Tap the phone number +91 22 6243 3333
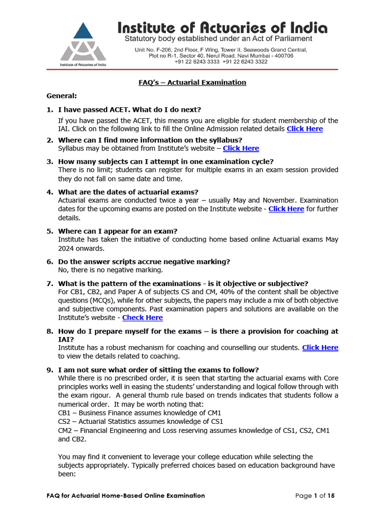tap(197, 62)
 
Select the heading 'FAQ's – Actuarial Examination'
tap(192, 82)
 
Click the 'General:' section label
tap(62, 95)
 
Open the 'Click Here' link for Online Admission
tap(304, 129)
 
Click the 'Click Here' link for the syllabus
tap(241, 148)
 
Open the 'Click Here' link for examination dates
tap(286, 209)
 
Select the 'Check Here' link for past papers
tap(142, 317)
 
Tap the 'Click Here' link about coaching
tap(320, 347)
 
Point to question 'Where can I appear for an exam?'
tap(118, 231)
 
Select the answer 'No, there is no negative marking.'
tap(111, 270)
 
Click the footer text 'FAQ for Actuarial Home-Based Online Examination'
tap(123, 495)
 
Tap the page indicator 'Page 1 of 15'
tap(315, 495)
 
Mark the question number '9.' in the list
tap(50, 370)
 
